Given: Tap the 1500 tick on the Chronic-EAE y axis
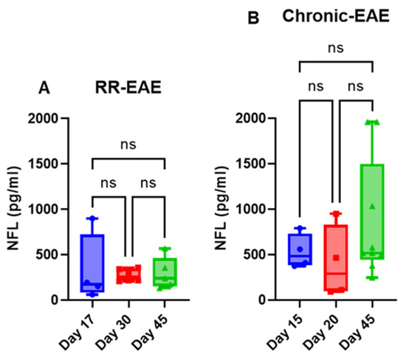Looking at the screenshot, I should coord(257,164).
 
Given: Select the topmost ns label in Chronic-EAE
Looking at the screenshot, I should coord(336,49).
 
